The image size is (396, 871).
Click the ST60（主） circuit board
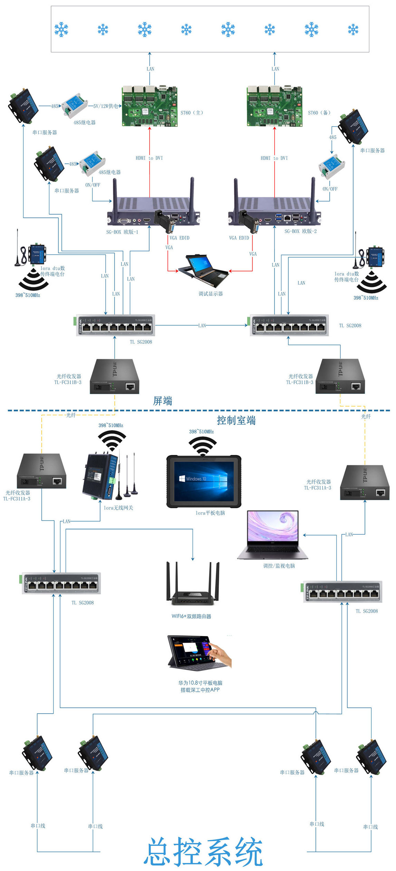149,106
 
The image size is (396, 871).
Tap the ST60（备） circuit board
274,106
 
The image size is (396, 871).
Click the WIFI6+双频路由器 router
193,584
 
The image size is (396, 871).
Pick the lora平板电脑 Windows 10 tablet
204,481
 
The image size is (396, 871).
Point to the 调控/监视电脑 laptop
273,535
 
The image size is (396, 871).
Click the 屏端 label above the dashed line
163,401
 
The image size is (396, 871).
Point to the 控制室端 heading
236,420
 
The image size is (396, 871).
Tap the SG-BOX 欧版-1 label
122,232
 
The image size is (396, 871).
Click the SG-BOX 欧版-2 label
300,231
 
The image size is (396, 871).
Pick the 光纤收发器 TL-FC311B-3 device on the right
340,376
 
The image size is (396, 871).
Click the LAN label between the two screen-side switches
202,326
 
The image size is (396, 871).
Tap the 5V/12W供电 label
106,106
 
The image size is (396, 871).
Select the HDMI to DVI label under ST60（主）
149,158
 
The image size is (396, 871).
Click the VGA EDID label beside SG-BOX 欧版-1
180,238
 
